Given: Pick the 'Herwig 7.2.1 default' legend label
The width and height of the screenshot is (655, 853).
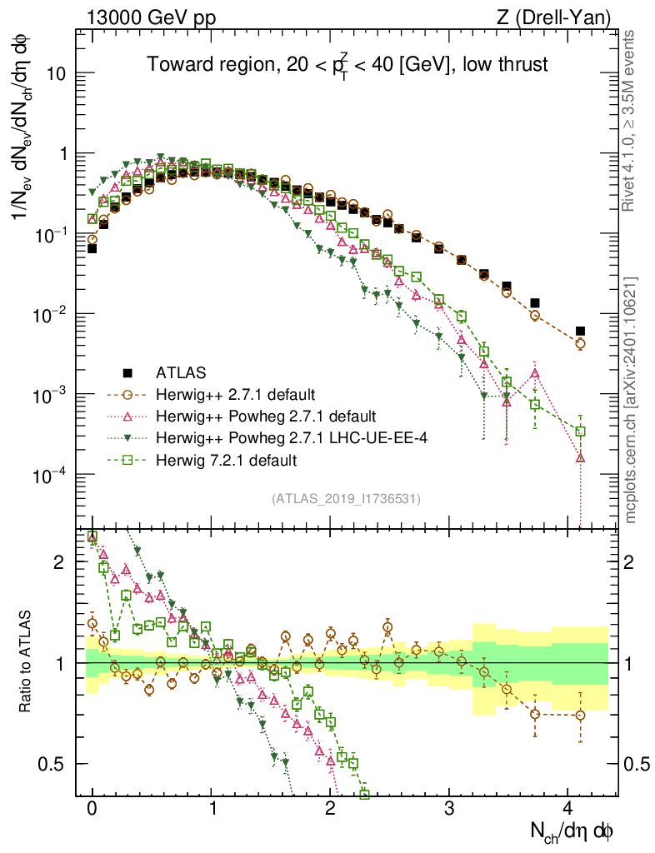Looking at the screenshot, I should click(227, 459).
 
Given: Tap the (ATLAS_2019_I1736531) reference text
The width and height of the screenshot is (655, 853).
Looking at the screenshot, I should click(346, 499).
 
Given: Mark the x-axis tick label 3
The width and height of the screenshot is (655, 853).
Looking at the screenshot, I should click(449, 807).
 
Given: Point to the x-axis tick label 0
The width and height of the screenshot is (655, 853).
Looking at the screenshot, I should click(92, 807).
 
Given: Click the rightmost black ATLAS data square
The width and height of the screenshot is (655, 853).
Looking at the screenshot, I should click(580, 331).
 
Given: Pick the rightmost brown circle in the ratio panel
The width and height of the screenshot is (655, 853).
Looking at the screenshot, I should click(580, 715).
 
